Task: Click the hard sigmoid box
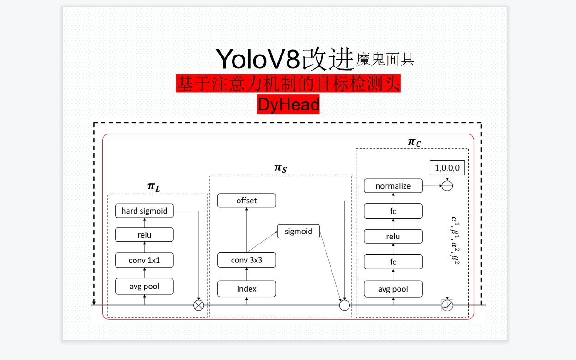tap(144, 211)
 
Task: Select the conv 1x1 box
tap(144, 260)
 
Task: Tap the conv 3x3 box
tap(246, 260)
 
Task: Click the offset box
tap(246, 201)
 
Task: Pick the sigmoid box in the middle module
tap(298, 231)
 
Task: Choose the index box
tap(246, 289)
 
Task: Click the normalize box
tap(393, 186)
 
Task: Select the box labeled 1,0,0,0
tap(447, 168)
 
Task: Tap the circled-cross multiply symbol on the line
tap(198, 305)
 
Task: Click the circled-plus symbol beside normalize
tap(447, 186)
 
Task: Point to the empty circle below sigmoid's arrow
tap(344, 305)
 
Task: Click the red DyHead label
tap(288, 105)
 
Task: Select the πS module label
tap(280, 168)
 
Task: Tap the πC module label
tap(414, 142)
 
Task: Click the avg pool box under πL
tap(144, 286)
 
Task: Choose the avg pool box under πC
tap(393, 289)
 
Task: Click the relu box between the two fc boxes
tap(393, 237)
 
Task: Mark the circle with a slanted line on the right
tap(447, 305)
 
